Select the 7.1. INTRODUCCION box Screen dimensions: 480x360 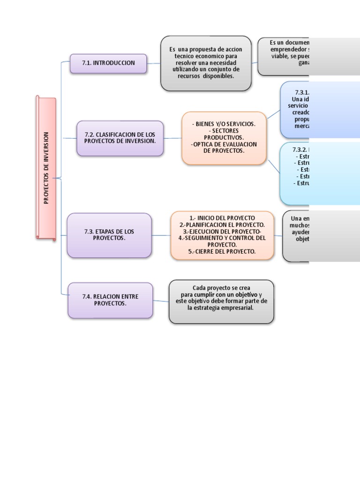(108, 63)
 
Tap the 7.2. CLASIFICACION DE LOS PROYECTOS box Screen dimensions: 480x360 (120, 138)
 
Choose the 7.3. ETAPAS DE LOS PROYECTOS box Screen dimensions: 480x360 (109, 235)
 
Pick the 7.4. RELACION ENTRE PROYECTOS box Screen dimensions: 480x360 (110, 300)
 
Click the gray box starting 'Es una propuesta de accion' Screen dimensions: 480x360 (206, 63)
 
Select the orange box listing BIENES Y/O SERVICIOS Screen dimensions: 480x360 (224, 137)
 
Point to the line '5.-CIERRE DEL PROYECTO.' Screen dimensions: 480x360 (222, 251)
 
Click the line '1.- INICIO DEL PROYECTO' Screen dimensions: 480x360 (222, 218)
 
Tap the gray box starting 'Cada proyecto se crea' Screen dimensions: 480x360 (221, 301)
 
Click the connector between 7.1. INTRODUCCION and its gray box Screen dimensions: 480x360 (154, 63)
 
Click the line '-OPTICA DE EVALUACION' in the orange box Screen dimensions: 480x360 (224, 144)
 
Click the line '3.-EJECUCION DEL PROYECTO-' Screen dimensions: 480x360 (222, 232)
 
